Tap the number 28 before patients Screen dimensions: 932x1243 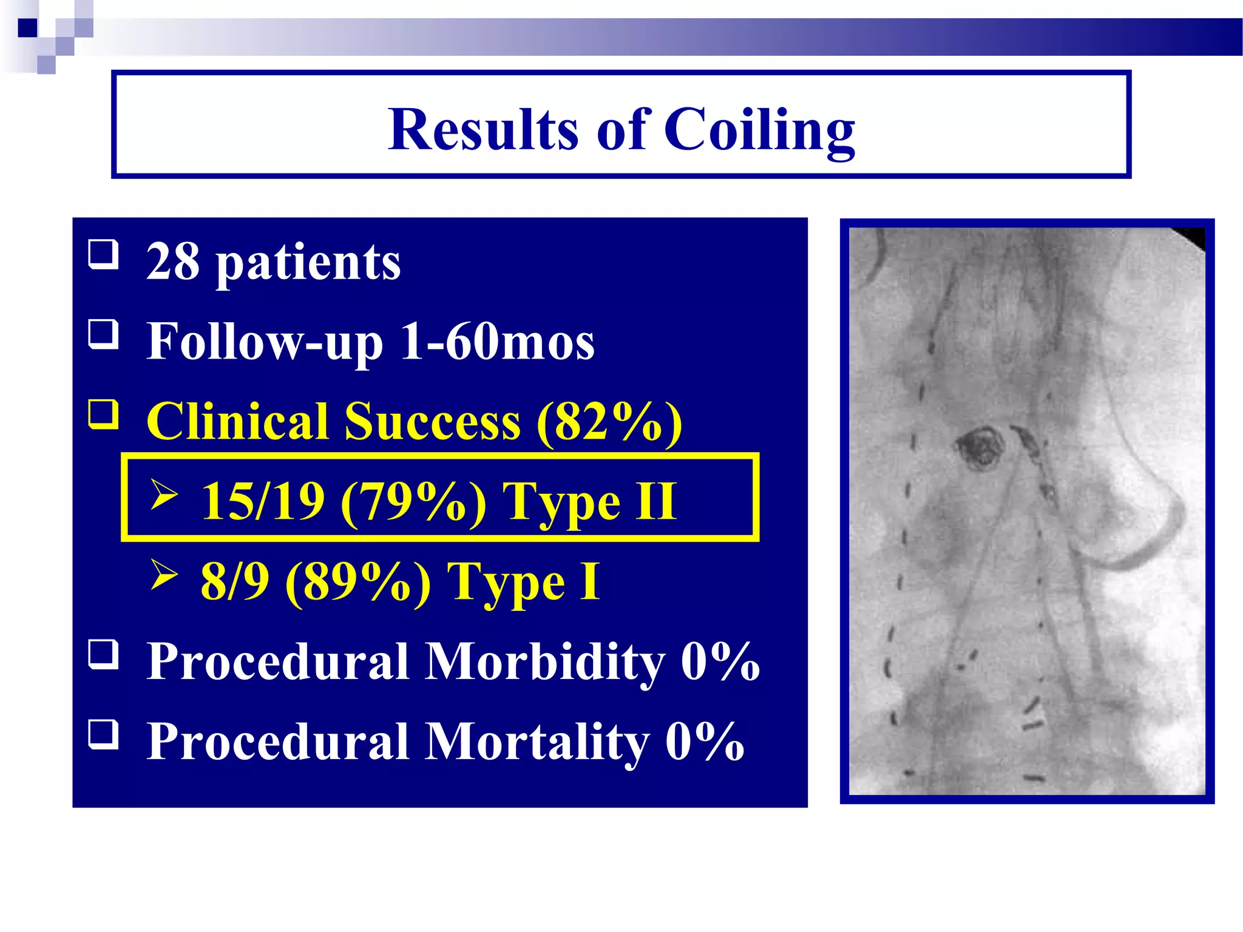click(x=173, y=262)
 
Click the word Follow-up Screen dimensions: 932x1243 click(x=265, y=342)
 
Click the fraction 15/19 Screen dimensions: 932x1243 click(x=263, y=502)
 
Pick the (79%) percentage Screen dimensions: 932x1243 click(x=413, y=502)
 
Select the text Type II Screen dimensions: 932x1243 click(x=589, y=502)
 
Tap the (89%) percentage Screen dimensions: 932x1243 click(x=358, y=581)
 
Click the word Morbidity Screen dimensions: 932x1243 click(x=544, y=661)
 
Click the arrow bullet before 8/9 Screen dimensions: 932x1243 click(x=164, y=574)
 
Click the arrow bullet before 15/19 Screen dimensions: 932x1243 click(x=164, y=495)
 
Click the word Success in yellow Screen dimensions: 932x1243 click(x=432, y=422)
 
